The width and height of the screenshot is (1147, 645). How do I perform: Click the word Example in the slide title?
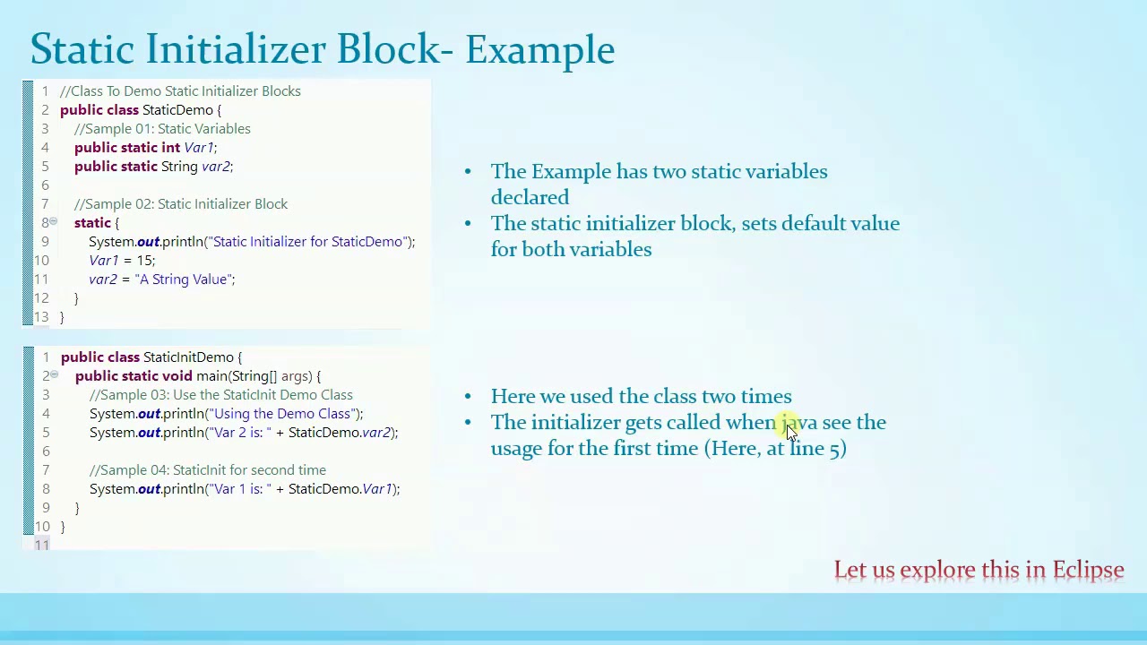click(539, 50)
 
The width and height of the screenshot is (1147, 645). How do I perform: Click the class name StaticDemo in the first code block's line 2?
click(177, 110)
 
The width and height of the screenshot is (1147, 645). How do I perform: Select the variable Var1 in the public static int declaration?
click(198, 148)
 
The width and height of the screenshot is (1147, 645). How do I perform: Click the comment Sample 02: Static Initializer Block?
click(180, 204)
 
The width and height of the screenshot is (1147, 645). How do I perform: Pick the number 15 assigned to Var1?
click(143, 261)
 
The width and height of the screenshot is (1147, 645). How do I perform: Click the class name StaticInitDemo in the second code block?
click(188, 357)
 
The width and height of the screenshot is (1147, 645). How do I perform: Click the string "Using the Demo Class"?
click(282, 414)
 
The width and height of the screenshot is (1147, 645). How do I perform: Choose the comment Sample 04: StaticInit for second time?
click(208, 470)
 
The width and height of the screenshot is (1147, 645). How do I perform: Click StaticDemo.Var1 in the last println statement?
click(341, 489)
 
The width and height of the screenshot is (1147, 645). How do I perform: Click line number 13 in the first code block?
click(41, 317)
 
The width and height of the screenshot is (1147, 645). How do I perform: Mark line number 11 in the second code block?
click(41, 545)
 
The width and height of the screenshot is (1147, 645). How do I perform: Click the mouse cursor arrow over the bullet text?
click(790, 431)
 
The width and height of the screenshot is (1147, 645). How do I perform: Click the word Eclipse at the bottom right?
click(1087, 571)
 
